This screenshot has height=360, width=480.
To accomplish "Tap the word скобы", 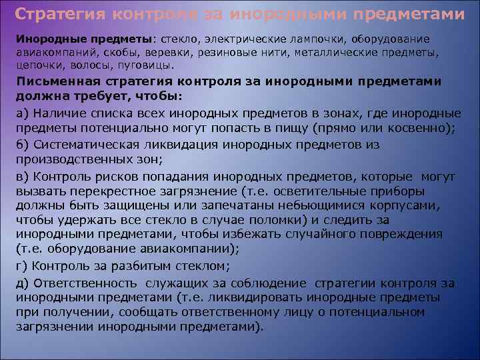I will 121,53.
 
